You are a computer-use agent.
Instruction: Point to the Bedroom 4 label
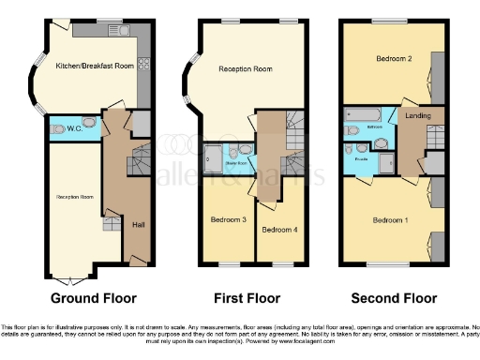(x=278, y=229)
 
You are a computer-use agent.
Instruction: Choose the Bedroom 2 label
(x=395, y=58)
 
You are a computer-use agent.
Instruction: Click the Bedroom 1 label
(x=391, y=220)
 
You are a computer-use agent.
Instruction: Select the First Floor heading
(x=252, y=299)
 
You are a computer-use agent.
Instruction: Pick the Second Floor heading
(x=394, y=299)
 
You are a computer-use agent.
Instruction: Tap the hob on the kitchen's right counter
(x=143, y=64)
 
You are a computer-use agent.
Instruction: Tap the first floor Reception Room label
(x=245, y=69)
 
